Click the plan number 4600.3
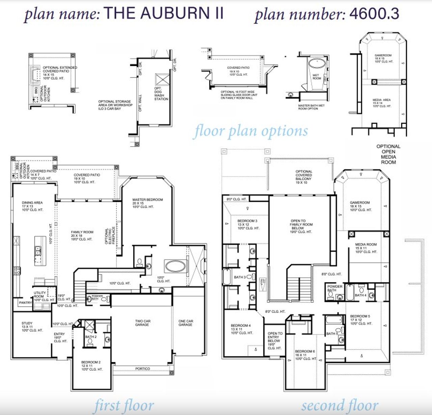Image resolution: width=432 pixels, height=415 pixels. pos(374,14)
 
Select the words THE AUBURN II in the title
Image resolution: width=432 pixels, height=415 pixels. pos(164,14)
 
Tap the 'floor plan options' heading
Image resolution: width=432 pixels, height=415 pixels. pos(250,131)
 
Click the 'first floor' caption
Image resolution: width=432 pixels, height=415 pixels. pos(124,405)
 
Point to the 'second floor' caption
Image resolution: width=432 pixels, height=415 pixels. pos(340,405)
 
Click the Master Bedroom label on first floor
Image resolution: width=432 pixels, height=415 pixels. pos(147,203)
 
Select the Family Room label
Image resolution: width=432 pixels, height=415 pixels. pos(82,236)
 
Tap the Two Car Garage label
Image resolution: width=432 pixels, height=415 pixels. pos(142,323)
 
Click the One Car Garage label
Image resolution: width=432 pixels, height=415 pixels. pos(186,323)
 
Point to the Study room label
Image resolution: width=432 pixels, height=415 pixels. pos(27,326)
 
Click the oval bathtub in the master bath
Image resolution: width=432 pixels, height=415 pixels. pos(175,266)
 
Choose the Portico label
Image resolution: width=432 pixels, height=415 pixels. pos(142,369)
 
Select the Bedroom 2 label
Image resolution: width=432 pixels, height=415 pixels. pos(91,366)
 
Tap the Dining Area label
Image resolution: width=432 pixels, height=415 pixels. pos(32,206)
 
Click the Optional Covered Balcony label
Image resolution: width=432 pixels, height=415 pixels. pos(304,177)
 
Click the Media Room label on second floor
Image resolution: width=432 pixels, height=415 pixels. pos(366,248)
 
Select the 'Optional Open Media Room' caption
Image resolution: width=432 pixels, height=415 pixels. pos(388,154)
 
